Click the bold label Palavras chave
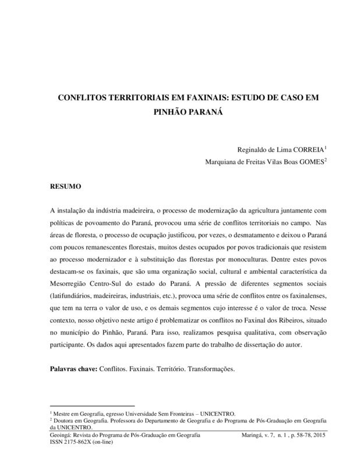(74, 369)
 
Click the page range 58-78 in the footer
(302, 435)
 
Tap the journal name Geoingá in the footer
(63, 435)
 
